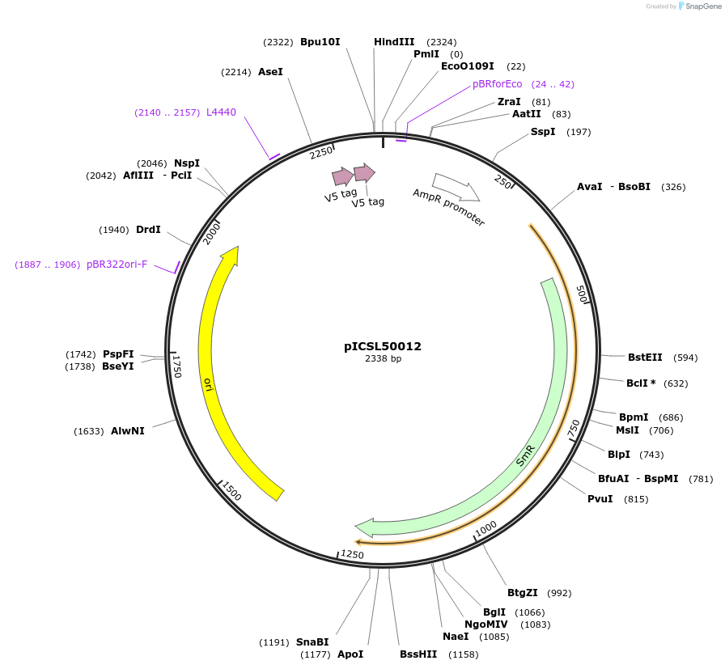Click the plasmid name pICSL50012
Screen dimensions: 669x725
(x=383, y=346)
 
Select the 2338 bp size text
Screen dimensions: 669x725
(x=383, y=358)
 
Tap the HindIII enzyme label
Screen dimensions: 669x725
(x=394, y=42)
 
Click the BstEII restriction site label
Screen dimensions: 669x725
(x=645, y=358)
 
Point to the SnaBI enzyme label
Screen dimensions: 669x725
(x=312, y=642)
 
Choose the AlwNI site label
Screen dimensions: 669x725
(x=128, y=431)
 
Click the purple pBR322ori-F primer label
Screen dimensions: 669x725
(x=117, y=265)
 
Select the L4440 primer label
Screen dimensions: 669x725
(x=221, y=112)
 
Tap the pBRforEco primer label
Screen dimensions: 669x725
(x=498, y=84)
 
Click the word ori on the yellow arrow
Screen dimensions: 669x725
(x=208, y=383)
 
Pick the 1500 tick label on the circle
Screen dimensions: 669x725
(x=231, y=491)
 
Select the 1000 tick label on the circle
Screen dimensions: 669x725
(x=486, y=528)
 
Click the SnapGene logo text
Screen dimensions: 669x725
(x=701, y=6)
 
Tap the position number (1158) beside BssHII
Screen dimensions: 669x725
(x=464, y=654)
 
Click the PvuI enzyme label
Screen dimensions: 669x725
(x=600, y=499)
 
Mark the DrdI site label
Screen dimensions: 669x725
(x=148, y=230)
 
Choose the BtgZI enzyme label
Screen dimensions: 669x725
(x=523, y=593)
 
